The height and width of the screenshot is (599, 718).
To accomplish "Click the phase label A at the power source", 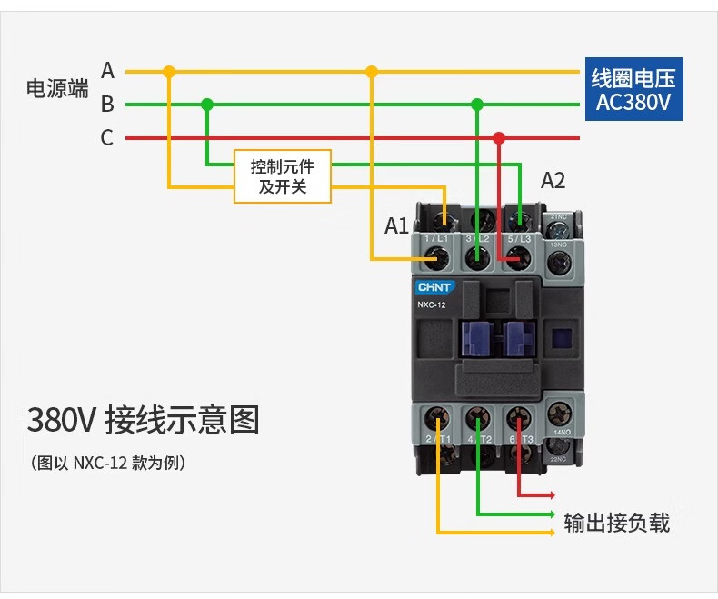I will coord(107,70).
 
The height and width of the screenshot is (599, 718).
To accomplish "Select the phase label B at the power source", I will coord(107,104).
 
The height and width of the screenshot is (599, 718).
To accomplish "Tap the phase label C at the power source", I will coord(107,138).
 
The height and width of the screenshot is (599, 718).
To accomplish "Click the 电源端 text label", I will coord(57,89).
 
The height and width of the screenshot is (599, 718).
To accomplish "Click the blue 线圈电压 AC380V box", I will coord(633,90).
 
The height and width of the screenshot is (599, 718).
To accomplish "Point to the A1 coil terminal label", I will coord(396,225).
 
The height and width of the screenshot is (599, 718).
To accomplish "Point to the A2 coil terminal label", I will coord(553,180).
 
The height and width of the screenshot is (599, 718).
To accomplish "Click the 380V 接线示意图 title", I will coord(143,421).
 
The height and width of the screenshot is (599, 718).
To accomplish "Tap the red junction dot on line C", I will coord(498,138).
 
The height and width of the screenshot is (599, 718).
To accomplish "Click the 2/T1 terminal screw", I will coord(439,419).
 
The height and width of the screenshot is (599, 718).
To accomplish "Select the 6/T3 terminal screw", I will coord(517,419).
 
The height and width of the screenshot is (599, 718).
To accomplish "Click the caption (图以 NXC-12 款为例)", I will coord(108,464).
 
